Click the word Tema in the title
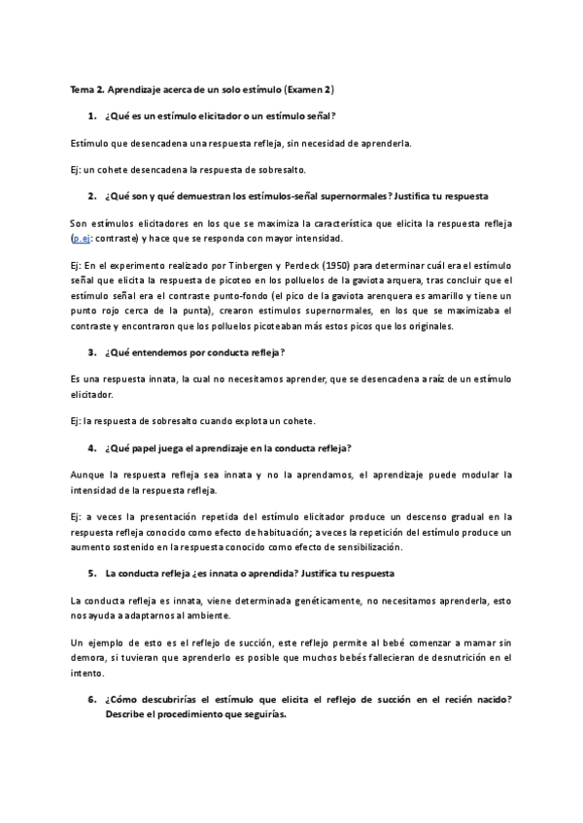[x=81, y=90]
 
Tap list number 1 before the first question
[x=91, y=116]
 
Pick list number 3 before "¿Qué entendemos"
[x=91, y=351]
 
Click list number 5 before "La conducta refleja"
[x=91, y=574]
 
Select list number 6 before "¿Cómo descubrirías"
[x=91, y=700]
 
